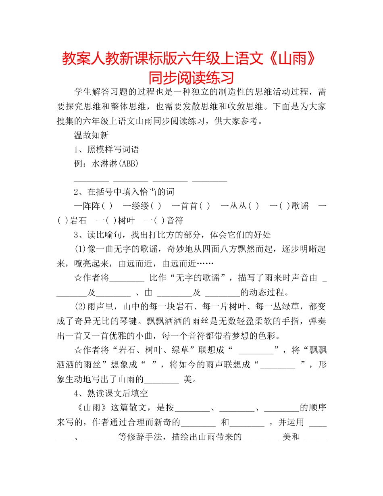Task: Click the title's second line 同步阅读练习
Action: (191, 77)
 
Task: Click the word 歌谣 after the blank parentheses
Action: (300, 206)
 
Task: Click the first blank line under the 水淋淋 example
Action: (92, 180)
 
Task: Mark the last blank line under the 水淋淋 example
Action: (210, 180)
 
